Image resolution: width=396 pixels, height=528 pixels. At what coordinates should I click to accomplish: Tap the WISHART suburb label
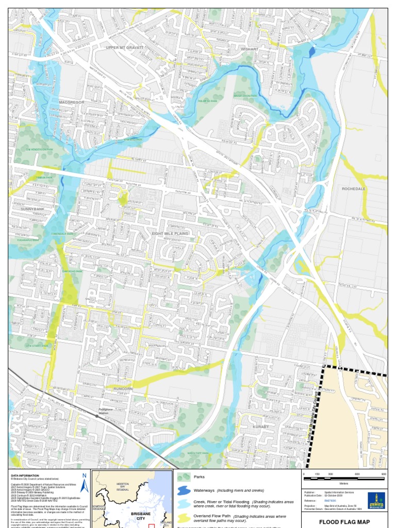click(x=250, y=49)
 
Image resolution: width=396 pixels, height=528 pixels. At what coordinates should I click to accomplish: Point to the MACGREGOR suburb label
click(x=72, y=103)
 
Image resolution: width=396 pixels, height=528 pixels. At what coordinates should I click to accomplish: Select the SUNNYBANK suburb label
click(x=32, y=209)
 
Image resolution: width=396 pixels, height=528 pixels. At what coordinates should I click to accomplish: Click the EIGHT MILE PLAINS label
click(x=170, y=234)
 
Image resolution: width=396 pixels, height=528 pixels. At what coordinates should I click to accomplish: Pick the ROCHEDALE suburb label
click(x=353, y=189)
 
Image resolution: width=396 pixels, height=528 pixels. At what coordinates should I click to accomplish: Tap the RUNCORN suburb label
click(x=120, y=388)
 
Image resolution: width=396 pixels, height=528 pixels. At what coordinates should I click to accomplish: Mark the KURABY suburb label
click(x=261, y=427)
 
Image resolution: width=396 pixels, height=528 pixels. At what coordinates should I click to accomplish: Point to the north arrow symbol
click(x=84, y=483)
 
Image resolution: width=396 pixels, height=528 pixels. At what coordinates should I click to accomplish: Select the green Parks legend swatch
click(x=184, y=477)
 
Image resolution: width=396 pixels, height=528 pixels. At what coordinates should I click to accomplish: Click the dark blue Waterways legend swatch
click(x=184, y=490)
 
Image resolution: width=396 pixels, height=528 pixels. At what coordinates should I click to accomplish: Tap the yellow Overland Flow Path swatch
click(x=184, y=517)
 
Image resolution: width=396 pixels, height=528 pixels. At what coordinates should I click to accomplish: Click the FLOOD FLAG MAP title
click(x=344, y=522)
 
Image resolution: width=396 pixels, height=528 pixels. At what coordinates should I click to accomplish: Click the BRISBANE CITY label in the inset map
click(x=140, y=516)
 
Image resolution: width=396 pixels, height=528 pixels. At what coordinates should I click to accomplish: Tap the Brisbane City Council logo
click(x=376, y=500)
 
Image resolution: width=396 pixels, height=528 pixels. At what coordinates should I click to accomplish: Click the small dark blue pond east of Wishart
click(x=311, y=51)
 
